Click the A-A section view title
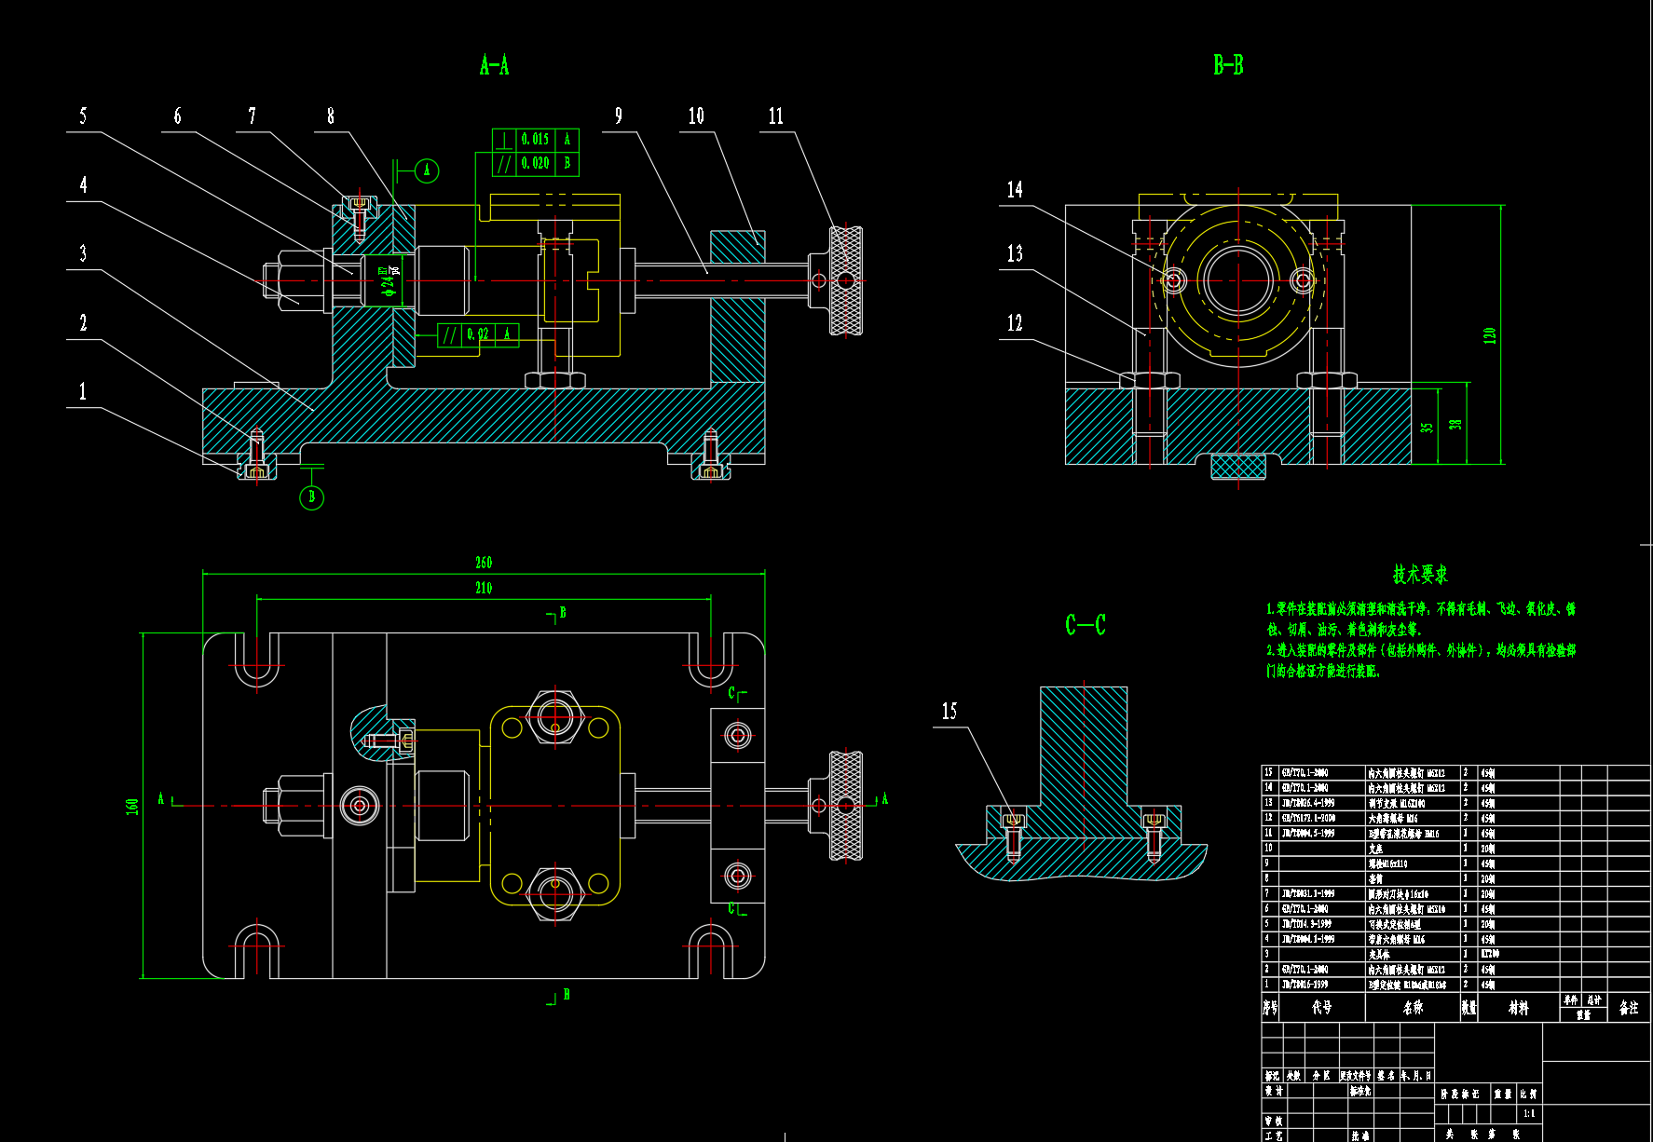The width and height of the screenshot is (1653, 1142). tap(494, 64)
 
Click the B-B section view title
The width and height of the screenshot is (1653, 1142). tap(1227, 64)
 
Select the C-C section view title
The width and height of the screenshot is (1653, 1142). tap(1085, 624)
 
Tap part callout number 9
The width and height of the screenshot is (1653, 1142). tap(618, 116)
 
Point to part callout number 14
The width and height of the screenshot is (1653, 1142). tap(1015, 189)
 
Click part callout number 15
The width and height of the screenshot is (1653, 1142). tap(949, 711)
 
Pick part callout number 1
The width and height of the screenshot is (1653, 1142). tap(82, 391)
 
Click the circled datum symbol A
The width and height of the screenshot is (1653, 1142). tap(427, 170)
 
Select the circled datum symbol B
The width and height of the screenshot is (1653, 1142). tap(311, 497)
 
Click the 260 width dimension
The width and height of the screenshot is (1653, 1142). tap(484, 562)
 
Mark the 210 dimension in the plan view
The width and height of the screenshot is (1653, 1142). tap(484, 588)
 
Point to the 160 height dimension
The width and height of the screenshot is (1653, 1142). tap(132, 806)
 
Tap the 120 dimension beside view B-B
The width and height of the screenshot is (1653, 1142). tap(1489, 334)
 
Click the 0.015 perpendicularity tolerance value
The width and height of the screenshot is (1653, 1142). tap(535, 140)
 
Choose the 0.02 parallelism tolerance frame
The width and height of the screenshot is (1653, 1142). tap(478, 334)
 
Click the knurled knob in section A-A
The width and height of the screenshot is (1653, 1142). tap(846, 279)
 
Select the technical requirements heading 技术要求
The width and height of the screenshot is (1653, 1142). tap(1420, 574)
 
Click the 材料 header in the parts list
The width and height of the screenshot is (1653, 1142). tap(1518, 1007)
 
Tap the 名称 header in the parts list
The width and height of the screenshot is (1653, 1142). tap(1413, 1007)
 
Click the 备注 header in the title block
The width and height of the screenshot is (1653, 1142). tap(1628, 1007)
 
